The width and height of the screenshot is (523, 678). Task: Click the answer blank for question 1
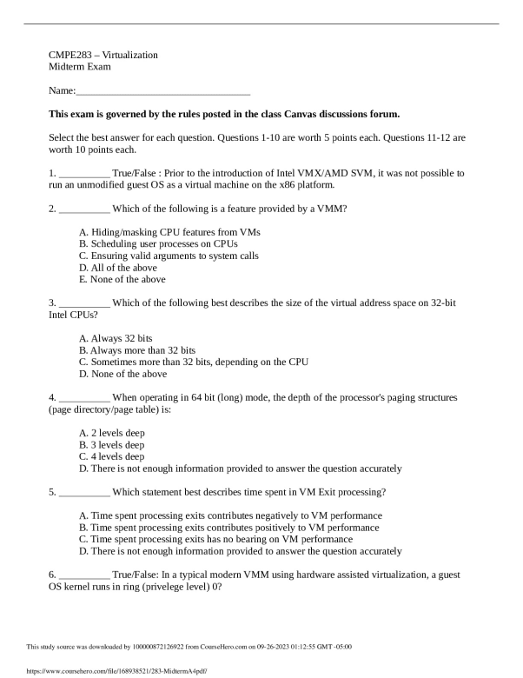[84, 174]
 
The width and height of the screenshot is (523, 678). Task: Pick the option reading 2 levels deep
[111, 432]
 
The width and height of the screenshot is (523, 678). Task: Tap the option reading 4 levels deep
[111, 456]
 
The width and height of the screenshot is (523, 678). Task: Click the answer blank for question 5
[84, 492]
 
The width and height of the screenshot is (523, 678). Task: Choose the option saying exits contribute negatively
[230, 515]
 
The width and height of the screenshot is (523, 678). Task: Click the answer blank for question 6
[84, 575]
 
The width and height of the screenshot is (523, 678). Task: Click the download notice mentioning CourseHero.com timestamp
[189, 647]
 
